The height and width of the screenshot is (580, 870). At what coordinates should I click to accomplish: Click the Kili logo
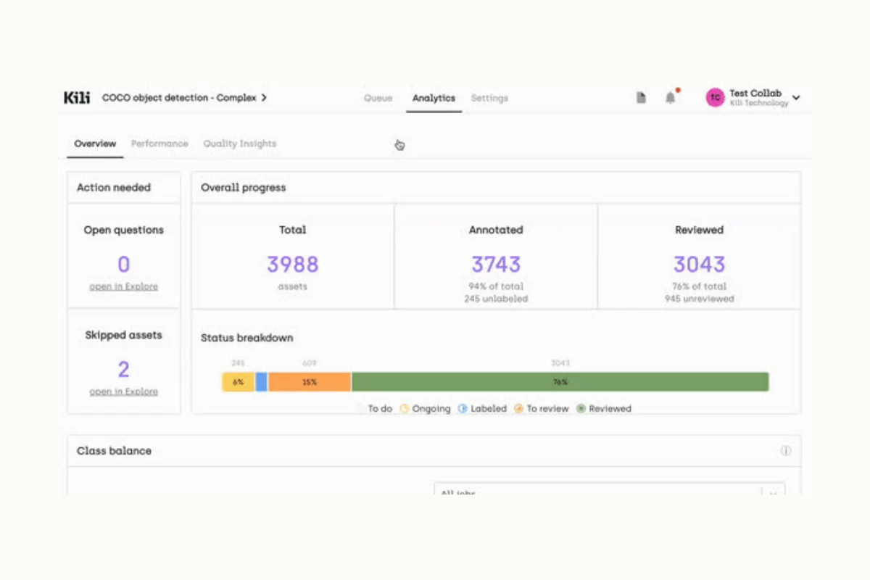[77, 98]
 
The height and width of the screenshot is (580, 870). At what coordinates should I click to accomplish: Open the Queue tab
[378, 98]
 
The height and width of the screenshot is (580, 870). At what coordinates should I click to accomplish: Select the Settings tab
[489, 98]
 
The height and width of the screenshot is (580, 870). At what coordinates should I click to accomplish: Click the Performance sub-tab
[159, 144]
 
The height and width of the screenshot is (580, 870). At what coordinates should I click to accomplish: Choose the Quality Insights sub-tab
[239, 144]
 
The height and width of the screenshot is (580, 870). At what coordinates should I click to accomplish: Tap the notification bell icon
[671, 98]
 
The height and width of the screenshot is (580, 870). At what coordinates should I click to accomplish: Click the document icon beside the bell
[641, 98]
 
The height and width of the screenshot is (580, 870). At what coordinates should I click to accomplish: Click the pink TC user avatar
[716, 98]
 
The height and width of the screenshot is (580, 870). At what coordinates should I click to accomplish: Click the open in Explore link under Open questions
[123, 286]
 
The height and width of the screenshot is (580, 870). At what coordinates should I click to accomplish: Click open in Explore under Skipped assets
[123, 391]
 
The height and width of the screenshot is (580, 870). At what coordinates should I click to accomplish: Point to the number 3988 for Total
[292, 265]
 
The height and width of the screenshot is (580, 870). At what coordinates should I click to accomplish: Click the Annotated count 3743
[496, 265]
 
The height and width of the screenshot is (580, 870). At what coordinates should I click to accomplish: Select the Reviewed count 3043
[699, 265]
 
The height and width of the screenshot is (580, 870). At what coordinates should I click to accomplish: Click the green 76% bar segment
[560, 382]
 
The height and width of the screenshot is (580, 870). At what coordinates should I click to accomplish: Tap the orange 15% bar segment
[310, 382]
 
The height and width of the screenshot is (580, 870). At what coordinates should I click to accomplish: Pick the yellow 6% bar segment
[238, 382]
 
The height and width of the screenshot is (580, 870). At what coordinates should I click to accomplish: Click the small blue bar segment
[262, 382]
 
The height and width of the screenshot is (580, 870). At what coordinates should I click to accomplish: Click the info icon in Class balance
[785, 451]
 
